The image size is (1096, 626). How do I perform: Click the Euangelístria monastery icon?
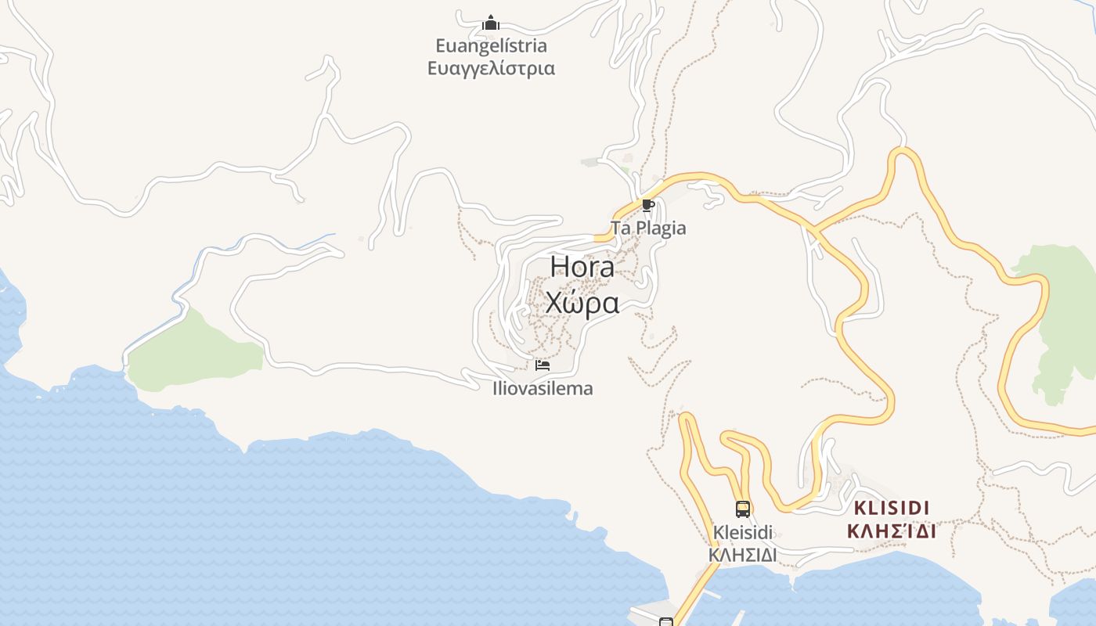pyautogui.click(x=491, y=23)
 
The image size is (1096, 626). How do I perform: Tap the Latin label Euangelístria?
pyautogui.click(x=491, y=45)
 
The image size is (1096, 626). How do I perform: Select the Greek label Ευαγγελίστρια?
pyautogui.click(x=491, y=68)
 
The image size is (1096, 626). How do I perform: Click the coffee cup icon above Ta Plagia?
pyautogui.click(x=647, y=206)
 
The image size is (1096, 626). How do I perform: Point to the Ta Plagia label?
pyautogui.click(x=648, y=228)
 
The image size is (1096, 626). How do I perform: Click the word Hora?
pyautogui.click(x=582, y=266)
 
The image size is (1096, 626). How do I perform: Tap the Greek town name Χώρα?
pyautogui.click(x=582, y=302)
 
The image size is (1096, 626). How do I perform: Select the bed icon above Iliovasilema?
pyautogui.click(x=542, y=365)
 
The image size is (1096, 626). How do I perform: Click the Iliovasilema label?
pyautogui.click(x=543, y=388)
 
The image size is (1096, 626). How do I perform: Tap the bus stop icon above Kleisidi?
pyautogui.click(x=742, y=509)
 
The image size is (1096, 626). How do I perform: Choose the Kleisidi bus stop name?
pyautogui.click(x=742, y=533)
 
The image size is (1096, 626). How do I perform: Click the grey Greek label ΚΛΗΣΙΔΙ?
pyautogui.click(x=742, y=555)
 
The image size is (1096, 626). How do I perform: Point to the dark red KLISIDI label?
pyautogui.click(x=892, y=507)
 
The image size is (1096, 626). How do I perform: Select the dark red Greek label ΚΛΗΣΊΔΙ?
pyautogui.click(x=892, y=531)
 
